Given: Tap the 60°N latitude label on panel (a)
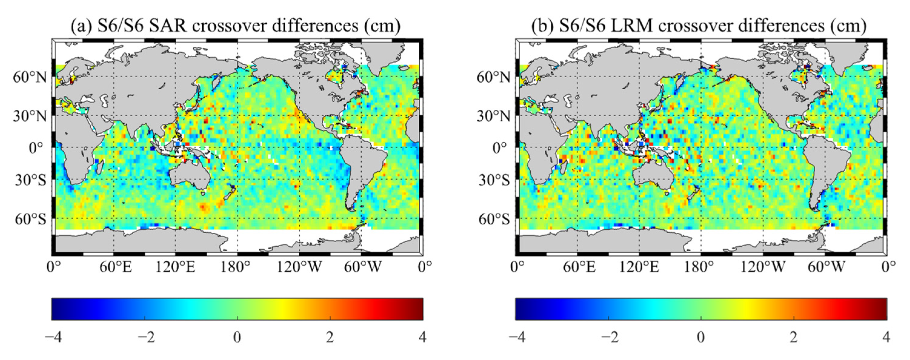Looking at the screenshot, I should (x=30, y=77).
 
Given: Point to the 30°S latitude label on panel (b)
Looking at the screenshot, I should (x=494, y=180).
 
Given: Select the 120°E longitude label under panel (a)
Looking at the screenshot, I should (x=176, y=268).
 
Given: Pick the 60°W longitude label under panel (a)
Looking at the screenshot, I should (x=363, y=268).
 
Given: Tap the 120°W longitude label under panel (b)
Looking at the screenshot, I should (x=763, y=268).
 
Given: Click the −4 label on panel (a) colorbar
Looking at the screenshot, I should (x=53, y=337).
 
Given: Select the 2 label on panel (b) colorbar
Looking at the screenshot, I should (x=794, y=337).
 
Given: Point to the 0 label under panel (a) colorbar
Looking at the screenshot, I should (x=237, y=337).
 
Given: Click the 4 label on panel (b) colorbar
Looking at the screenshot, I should (x=886, y=337).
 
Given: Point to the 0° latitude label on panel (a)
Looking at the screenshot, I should (x=36, y=148).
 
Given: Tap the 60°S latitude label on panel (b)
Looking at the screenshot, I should (x=494, y=219).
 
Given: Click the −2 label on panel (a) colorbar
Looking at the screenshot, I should (x=145, y=337).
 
